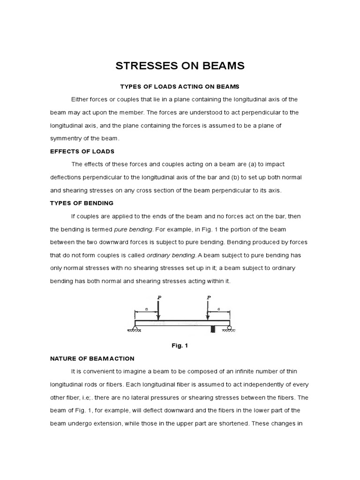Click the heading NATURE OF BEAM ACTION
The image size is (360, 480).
92,359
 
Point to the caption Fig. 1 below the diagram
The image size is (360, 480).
180,345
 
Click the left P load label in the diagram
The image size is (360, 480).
158,297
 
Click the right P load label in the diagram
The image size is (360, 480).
208,297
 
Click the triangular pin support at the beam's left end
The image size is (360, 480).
135,328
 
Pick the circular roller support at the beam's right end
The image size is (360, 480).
229,327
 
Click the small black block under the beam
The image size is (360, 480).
213,329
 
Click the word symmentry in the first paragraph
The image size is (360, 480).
68,139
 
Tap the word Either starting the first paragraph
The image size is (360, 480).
80,99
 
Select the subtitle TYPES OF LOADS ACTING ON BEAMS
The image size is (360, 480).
180,87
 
